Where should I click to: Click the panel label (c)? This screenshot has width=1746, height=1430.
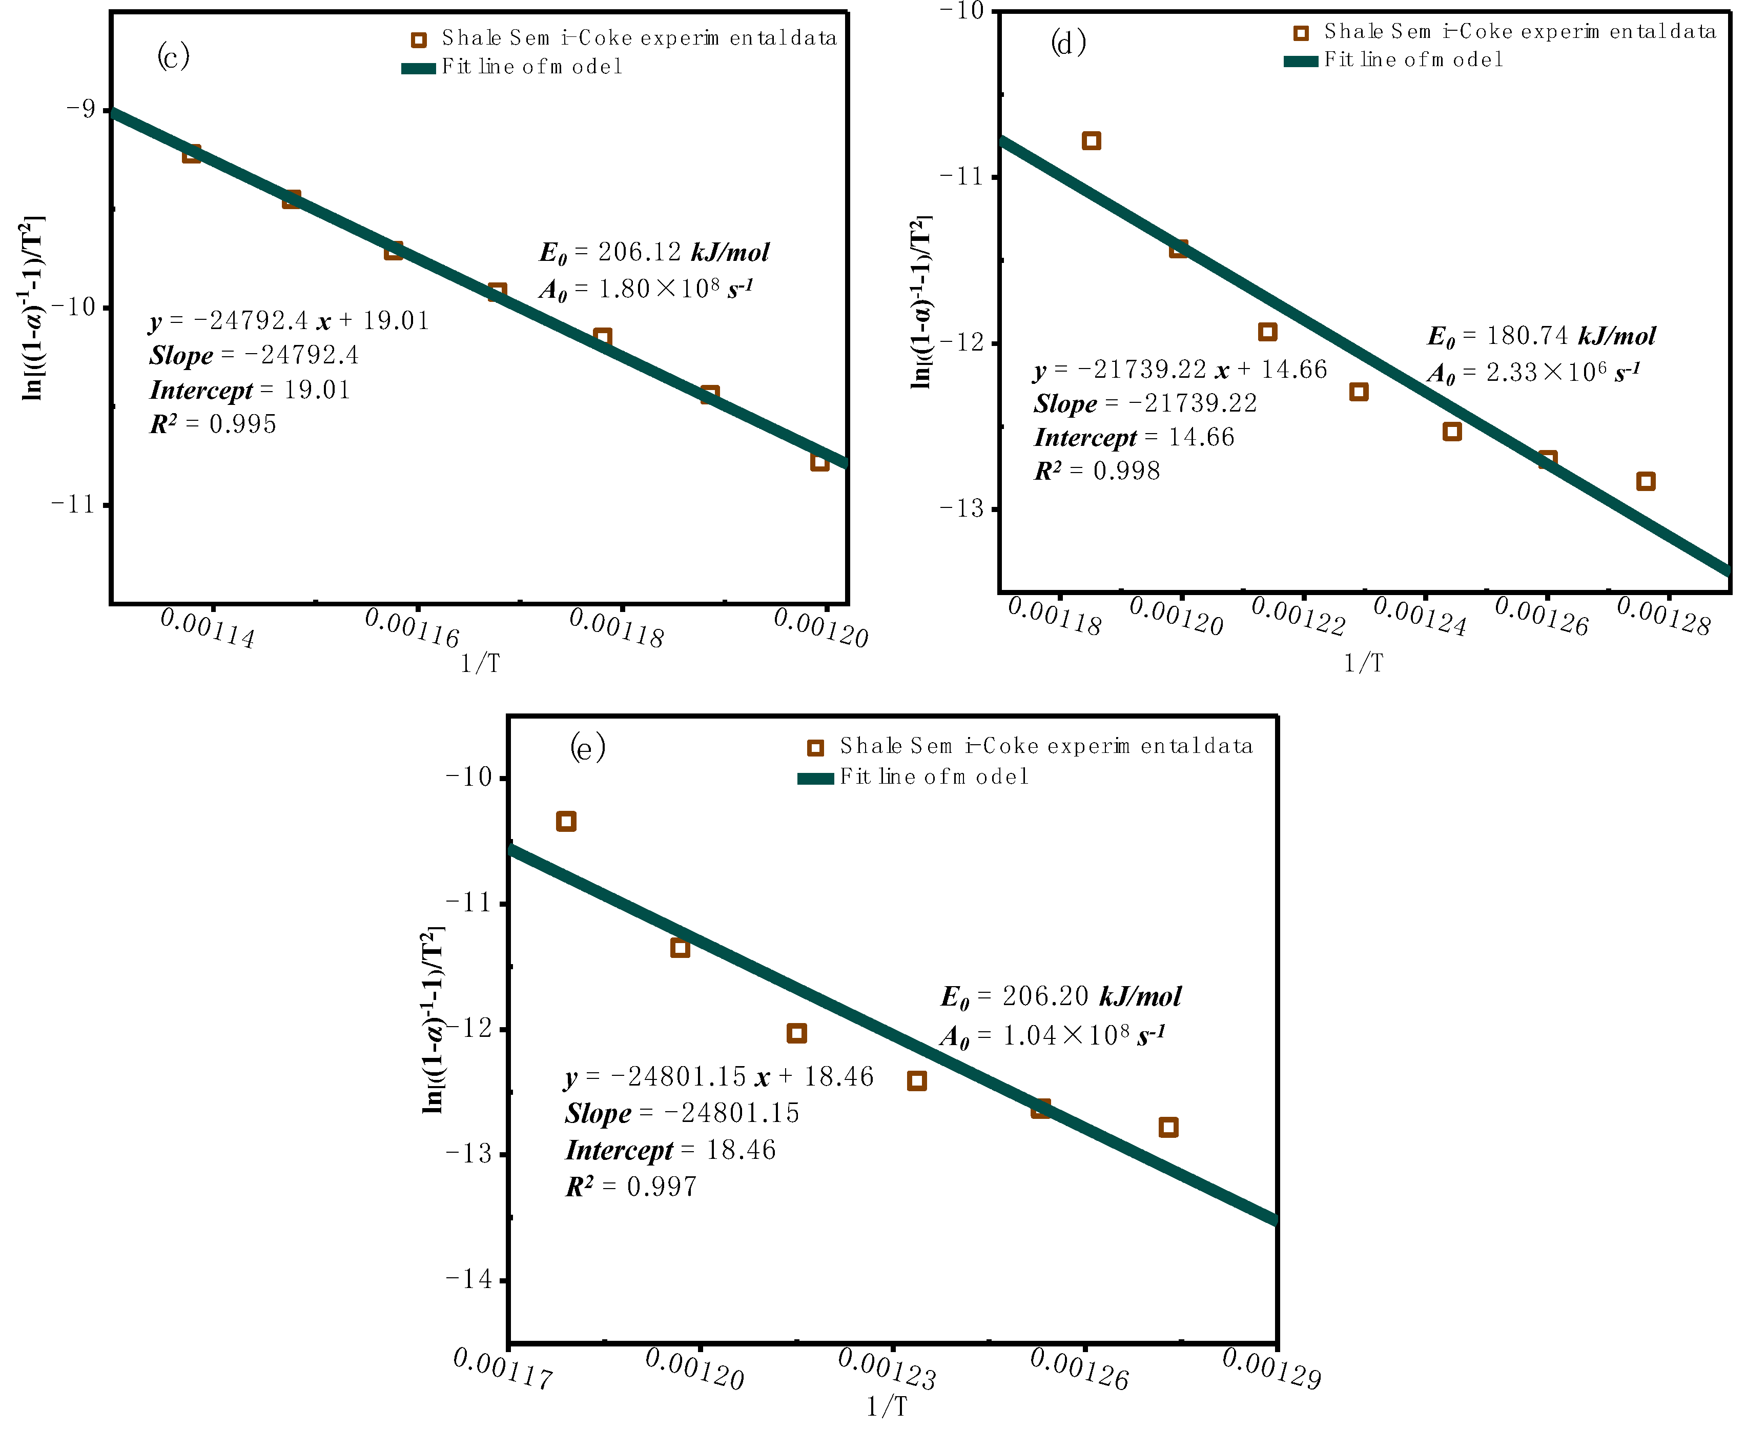[173, 56]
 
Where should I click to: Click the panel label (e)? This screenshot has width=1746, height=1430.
[587, 748]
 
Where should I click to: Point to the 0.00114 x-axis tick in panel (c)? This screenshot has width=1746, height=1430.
[208, 628]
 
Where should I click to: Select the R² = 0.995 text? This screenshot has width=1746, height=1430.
[213, 424]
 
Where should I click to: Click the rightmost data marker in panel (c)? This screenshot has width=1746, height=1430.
[818, 461]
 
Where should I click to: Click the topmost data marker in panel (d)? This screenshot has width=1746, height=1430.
[1091, 141]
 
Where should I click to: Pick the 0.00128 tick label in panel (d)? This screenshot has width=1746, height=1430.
[1663, 616]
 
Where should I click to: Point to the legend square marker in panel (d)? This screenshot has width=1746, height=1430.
[1301, 33]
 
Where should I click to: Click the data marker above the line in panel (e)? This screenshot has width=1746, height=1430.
[566, 821]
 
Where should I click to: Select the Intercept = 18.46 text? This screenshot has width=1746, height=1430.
[670, 1150]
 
